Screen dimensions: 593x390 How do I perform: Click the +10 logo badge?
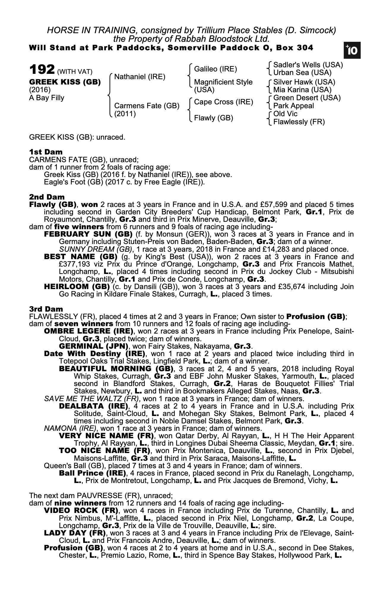[352, 51]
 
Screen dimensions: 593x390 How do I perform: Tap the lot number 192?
[42, 70]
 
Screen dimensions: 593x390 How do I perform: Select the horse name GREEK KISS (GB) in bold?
[65, 82]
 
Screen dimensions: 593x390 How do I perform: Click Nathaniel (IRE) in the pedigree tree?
[139, 77]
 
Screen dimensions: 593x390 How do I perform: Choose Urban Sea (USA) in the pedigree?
[302, 73]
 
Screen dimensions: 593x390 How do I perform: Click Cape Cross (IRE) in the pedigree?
[223, 102]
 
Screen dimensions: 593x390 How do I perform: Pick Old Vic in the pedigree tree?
[285, 114]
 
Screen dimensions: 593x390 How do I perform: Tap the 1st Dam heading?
[46, 152]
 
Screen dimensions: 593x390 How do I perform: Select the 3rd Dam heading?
[46, 309]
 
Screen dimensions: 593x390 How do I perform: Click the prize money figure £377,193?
[75, 264]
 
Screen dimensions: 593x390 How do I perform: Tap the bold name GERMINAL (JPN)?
[93, 346]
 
